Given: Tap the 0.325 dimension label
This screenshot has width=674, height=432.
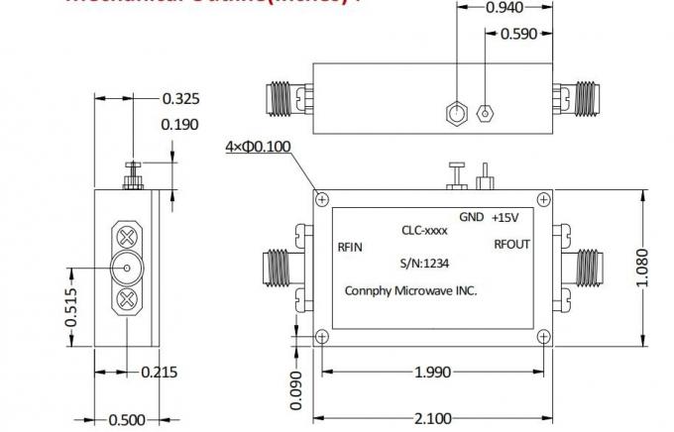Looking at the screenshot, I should (180, 98).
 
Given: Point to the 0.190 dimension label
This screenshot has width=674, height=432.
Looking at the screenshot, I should (180, 125).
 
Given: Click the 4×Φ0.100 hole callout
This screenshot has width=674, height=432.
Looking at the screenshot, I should (259, 148).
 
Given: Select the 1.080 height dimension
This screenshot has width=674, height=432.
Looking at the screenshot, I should (645, 267).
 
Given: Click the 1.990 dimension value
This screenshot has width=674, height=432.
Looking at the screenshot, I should (432, 373).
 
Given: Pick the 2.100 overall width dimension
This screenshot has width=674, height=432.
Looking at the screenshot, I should (432, 419).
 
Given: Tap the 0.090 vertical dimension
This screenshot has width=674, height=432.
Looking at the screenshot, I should (295, 390).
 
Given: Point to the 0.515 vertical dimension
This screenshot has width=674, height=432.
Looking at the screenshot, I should (72, 307).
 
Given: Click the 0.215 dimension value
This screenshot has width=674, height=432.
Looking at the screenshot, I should (161, 373).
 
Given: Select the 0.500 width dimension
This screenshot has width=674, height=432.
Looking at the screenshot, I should (127, 420).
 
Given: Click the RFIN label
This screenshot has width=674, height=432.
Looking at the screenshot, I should (350, 247).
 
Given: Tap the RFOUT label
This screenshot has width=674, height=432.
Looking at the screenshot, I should (512, 245).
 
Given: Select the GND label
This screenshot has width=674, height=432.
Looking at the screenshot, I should (471, 218).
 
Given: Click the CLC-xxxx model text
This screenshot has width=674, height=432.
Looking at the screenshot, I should (424, 231).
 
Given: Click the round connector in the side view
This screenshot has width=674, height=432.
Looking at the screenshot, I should (127, 267).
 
